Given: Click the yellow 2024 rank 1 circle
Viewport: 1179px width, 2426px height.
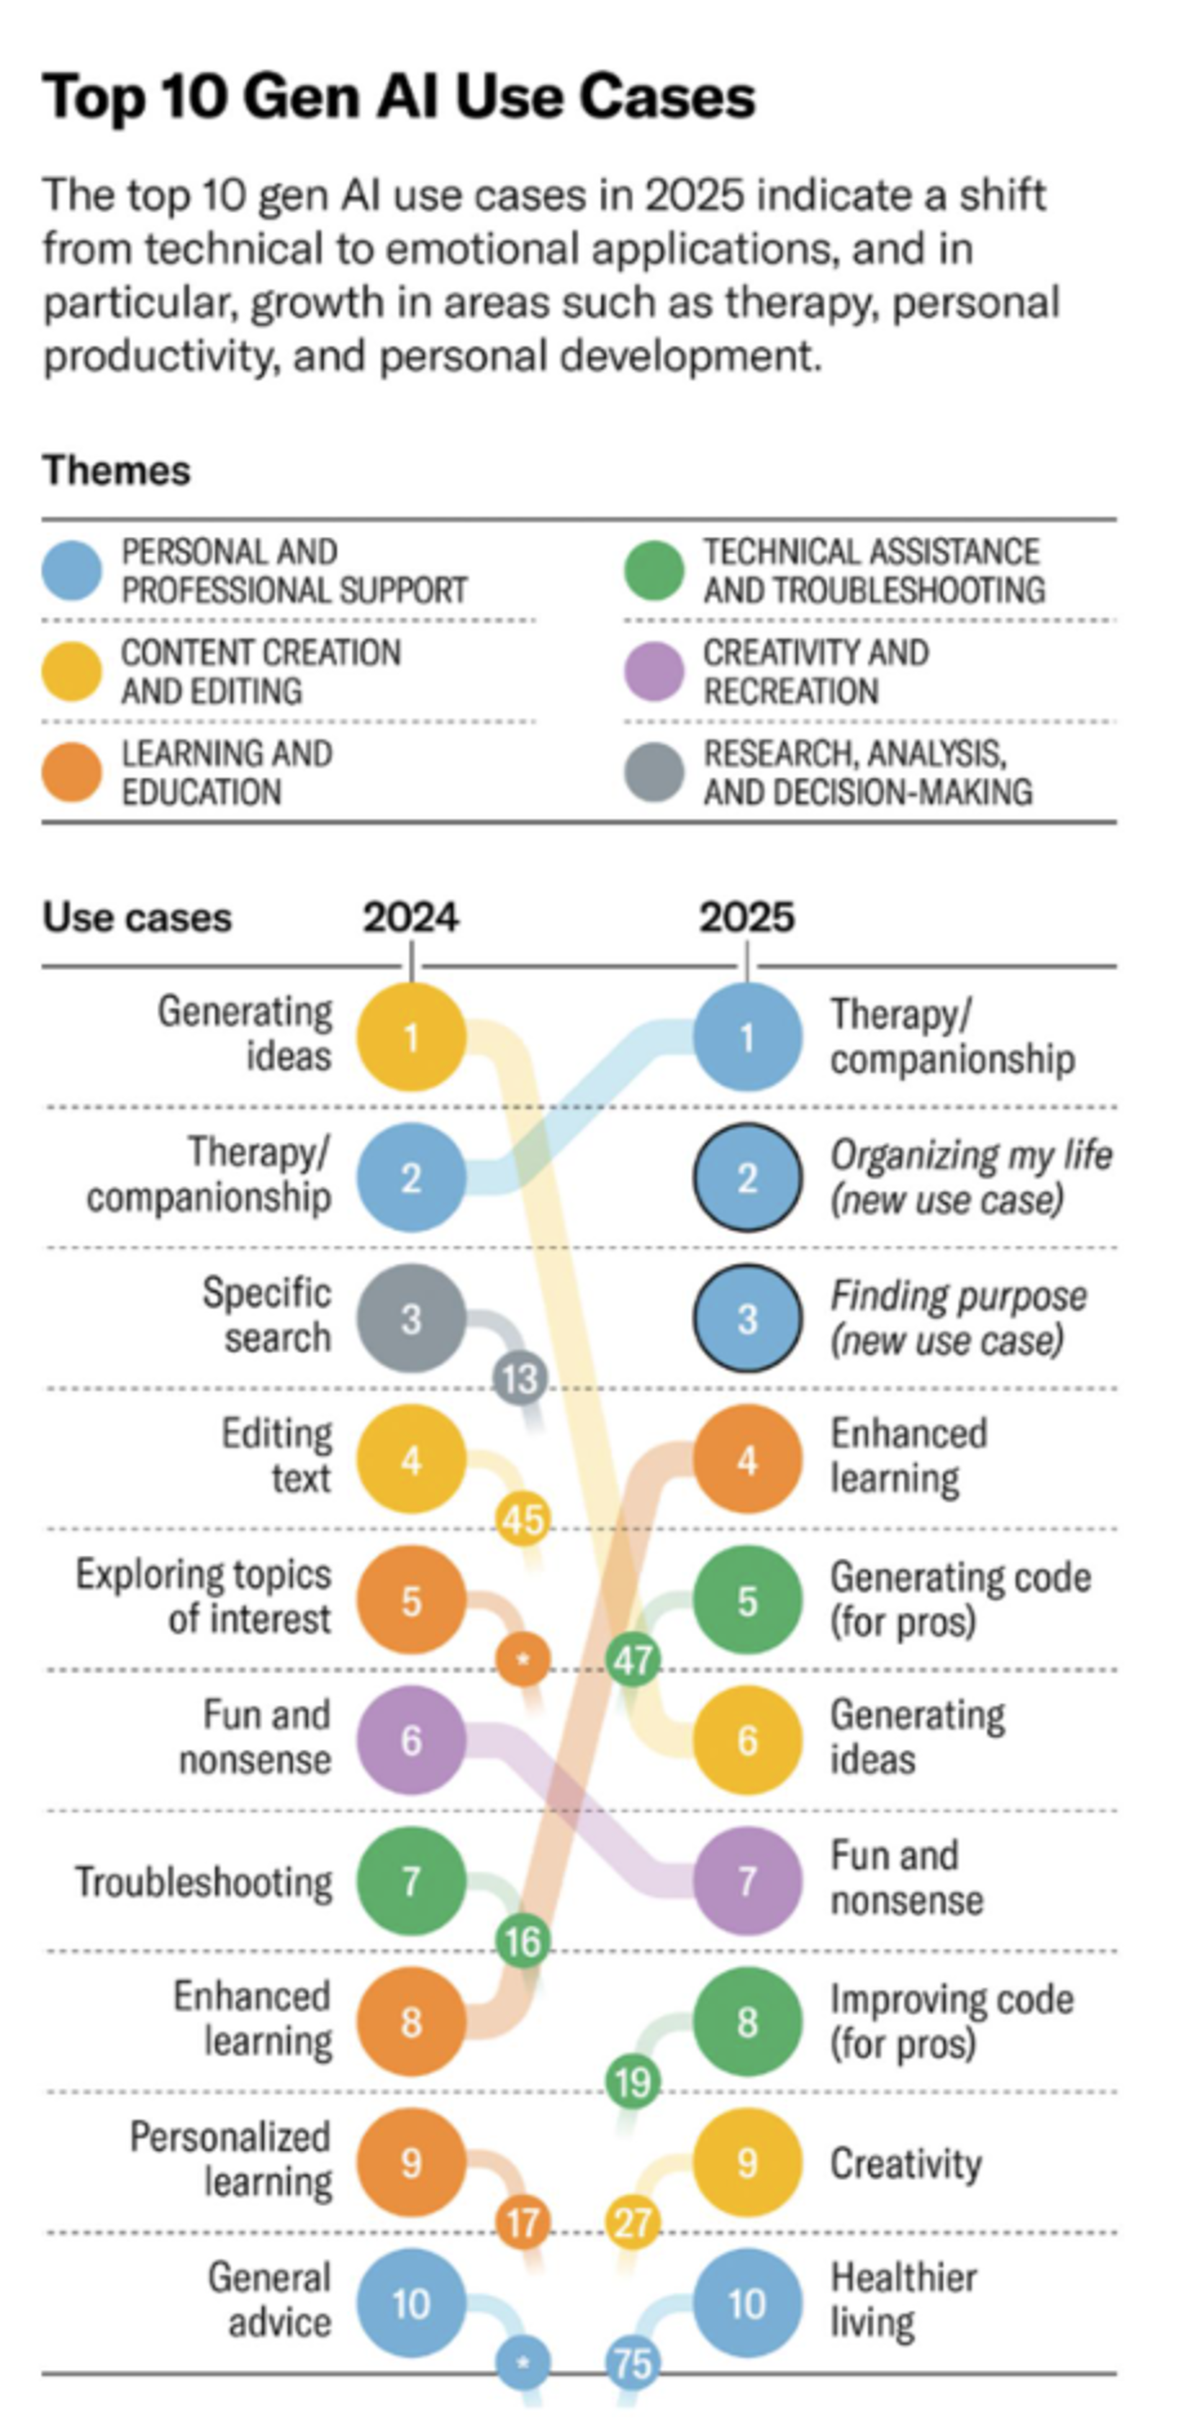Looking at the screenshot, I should (x=410, y=1037).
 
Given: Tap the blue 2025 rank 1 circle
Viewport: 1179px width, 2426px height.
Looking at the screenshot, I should (x=746, y=1037).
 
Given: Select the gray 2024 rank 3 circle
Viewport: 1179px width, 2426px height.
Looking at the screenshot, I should (x=410, y=1318).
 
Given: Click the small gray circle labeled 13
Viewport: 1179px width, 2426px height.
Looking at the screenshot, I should (x=520, y=1380).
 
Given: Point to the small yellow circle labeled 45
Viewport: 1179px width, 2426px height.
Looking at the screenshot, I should (x=523, y=1519).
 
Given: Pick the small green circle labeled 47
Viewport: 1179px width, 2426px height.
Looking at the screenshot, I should (x=632, y=1660).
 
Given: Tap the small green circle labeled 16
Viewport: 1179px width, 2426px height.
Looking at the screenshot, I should (x=523, y=1941).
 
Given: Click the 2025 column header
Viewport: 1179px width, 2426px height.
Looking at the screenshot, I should (x=746, y=918).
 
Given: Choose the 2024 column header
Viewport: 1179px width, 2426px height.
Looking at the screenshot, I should (x=410, y=918).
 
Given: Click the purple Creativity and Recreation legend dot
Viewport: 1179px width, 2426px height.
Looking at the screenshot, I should (x=654, y=671).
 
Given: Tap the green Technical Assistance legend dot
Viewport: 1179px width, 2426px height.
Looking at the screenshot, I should (x=654, y=571).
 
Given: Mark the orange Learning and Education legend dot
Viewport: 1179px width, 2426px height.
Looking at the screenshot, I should (x=71, y=772).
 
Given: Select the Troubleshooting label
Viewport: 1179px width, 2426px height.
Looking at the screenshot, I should (x=204, y=1882).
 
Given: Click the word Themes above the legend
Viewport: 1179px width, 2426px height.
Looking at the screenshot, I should (x=116, y=470).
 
